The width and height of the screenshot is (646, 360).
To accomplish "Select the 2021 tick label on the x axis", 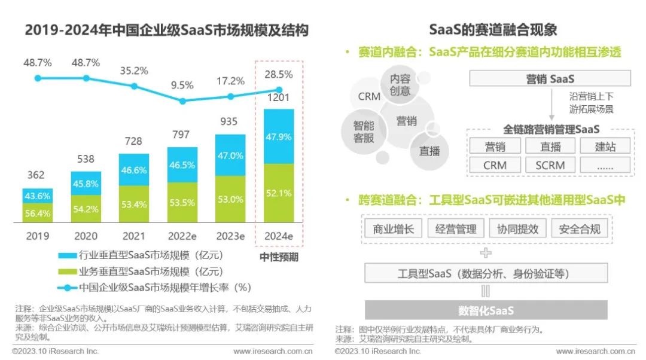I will [135, 236].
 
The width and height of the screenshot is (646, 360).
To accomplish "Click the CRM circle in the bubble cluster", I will [369, 96].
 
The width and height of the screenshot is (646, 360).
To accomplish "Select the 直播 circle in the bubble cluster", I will [429, 151].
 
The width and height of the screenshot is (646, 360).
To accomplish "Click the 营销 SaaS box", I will [550, 79].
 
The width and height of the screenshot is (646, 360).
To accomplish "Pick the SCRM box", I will [550, 165].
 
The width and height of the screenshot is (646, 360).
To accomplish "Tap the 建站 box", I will [605, 146].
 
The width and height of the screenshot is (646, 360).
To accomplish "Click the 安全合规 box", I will [579, 228].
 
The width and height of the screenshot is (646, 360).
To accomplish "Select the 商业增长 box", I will [392, 228].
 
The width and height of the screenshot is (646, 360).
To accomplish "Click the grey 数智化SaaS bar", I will [486, 310].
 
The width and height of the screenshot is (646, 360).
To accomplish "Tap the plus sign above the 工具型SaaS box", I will [486, 254].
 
